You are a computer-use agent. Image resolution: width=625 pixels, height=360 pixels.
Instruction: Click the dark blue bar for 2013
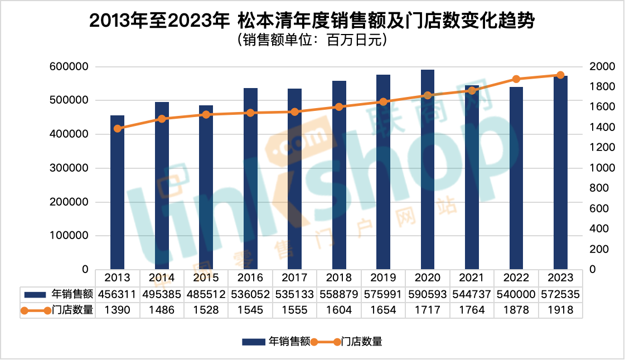tap(117, 192)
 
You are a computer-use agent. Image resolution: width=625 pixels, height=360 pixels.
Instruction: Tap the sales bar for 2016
tap(250, 178)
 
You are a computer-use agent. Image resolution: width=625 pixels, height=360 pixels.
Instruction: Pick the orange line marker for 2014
tap(162, 119)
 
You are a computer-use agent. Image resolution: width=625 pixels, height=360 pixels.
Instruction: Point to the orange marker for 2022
tap(516, 79)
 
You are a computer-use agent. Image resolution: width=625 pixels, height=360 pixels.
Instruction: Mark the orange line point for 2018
tap(339, 107)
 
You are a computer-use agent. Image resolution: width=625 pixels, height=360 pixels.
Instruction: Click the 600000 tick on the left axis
tap(69, 67)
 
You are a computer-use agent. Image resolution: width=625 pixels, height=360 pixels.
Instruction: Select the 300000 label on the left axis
tap(69, 168)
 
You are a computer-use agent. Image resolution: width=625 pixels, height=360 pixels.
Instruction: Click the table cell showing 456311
tap(117, 294)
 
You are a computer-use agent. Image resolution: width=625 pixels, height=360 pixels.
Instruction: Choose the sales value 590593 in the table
tap(428, 294)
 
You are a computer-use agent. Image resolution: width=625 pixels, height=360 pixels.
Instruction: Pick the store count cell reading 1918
tap(560, 310)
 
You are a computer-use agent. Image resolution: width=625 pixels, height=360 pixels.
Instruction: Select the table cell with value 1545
tap(250, 310)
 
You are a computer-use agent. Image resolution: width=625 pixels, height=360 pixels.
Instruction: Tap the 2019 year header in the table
tap(384, 278)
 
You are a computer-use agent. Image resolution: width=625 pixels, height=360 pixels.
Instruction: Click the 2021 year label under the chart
tap(472, 278)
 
